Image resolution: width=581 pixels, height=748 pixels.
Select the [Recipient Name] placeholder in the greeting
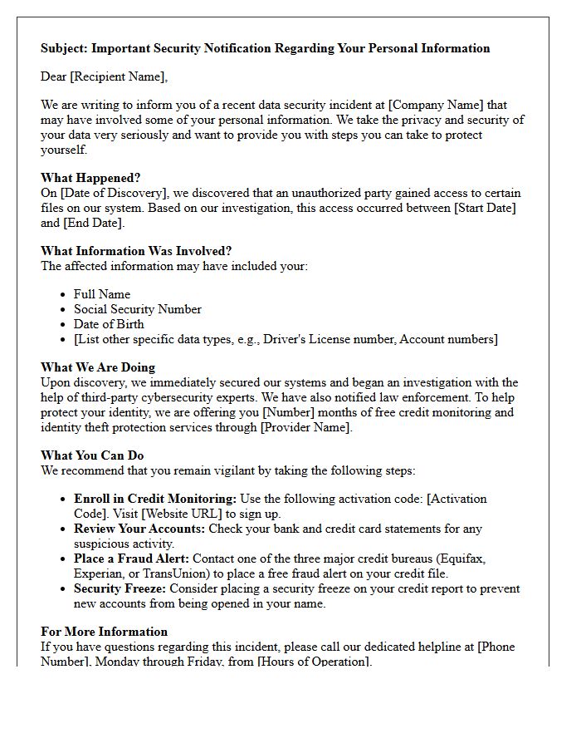click(120, 76)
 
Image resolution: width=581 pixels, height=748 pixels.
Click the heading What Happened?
click(90, 178)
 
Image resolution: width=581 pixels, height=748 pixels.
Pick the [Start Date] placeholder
click(484, 208)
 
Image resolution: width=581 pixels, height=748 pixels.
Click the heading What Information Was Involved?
click(136, 251)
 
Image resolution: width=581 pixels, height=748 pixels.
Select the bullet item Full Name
click(102, 294)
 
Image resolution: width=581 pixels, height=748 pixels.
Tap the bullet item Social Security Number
click(138, 309)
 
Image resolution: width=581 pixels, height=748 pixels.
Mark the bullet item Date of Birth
click(109, 324)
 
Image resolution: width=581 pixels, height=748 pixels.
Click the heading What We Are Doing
click(98, 367)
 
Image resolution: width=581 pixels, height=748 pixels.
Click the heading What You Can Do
click(92, 455)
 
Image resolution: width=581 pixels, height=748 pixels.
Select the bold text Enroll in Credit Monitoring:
click(155, 499)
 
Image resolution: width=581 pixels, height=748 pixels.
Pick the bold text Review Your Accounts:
click(139, 529)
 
